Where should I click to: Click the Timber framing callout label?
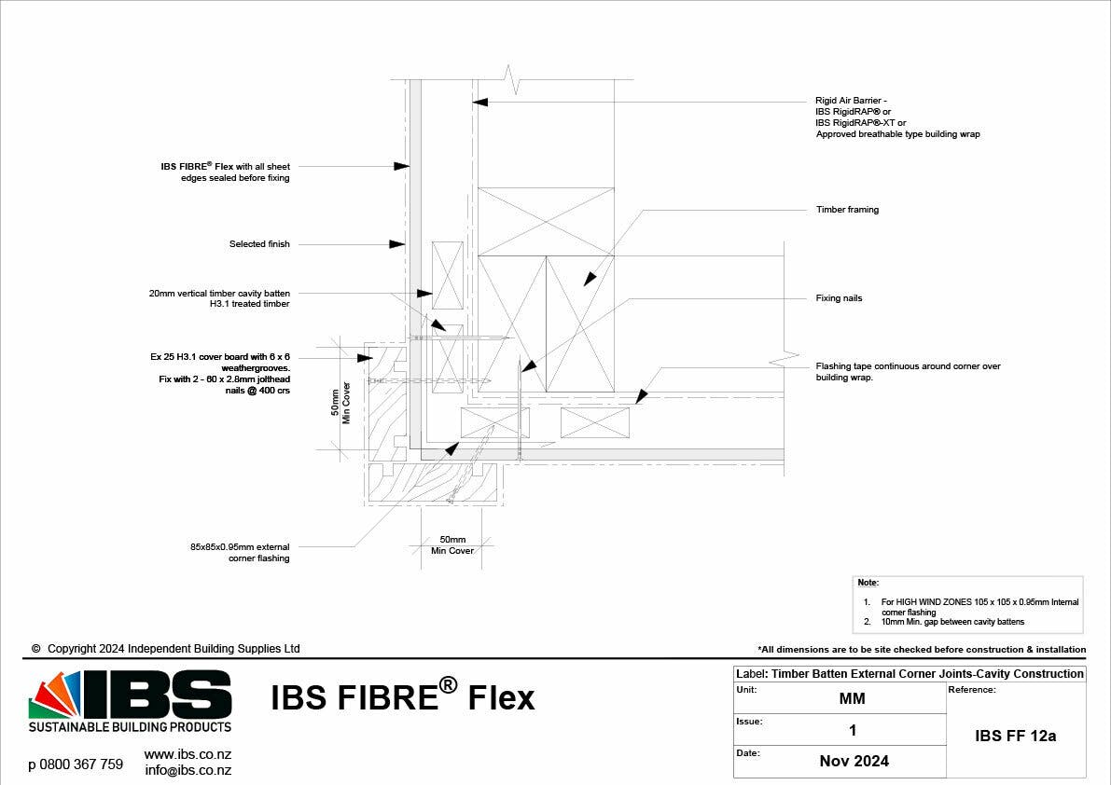tap(847, 210)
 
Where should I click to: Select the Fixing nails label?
tap(839, 298)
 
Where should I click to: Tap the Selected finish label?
tap(259, 244)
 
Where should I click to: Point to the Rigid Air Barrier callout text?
tap(897, 117)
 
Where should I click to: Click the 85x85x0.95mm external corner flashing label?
tap(240, 552)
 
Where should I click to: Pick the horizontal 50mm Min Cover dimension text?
tap(452, 545)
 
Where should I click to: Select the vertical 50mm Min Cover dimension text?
tap(340, 403)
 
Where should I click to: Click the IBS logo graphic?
tap(131, 701)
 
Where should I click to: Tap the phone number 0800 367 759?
tap(76, 764)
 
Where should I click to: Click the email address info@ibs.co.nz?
tap(188, 771)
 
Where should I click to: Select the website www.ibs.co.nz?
tap(187, 754)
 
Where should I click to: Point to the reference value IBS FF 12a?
tap(1015, 737)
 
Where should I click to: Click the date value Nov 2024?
tap(854, 762)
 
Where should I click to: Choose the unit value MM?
tap(853, 698)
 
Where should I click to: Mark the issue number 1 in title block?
tap(853, 731)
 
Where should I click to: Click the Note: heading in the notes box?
tap(868, 583)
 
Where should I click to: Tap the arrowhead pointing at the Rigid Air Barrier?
tap(479, 102)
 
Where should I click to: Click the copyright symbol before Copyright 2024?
tap(36, 649)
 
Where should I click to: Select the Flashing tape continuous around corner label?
tap(908, 372)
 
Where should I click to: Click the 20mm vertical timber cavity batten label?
tap(219, 298)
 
